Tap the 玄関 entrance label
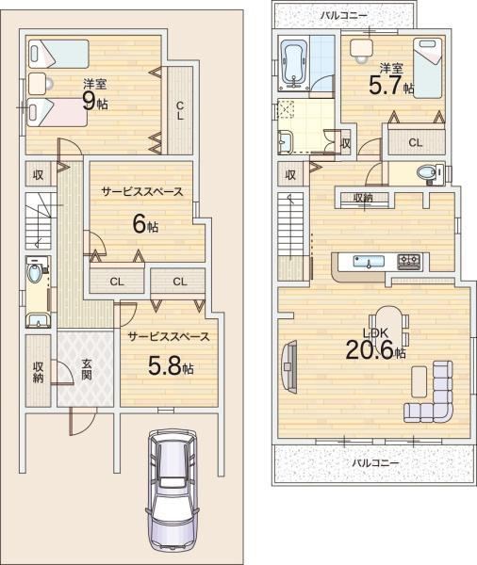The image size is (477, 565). click(x=86, y=370)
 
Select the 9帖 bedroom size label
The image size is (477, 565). click(x=95, y=101)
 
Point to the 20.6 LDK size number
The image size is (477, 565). click(x=370, y=350)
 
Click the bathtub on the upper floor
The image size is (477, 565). click(x=294, y=64)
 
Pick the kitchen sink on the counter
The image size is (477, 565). click(x=369, y=262)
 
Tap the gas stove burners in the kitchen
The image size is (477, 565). click(x=409, y=262)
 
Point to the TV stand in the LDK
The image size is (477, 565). click(x=289, y=366)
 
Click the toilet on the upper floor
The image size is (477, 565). click(x=430, y=173)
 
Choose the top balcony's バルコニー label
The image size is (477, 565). click(x=344, y=15)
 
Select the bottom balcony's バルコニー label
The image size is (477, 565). click(x=375, y=462)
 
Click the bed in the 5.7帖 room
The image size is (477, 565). click(x=427, y=68)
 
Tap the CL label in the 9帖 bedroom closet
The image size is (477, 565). click(x=180, y=111)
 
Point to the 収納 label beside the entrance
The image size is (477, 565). click(x=38, y=372)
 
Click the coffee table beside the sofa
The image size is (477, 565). click(x=419, y=381)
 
